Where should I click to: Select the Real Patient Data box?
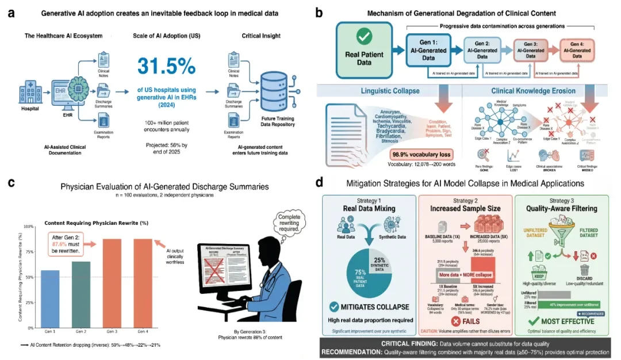pos(363,51)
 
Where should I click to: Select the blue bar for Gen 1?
pos(50,298)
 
